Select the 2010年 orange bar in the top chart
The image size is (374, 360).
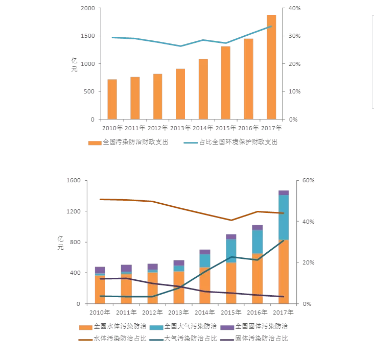point(112,99)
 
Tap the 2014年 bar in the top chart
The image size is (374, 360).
point(203,89)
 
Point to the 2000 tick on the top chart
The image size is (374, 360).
point(88,8)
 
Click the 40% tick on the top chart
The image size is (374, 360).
point(295,8)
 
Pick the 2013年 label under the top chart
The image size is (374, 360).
point(181,128)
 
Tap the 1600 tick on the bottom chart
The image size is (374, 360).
point(74,181)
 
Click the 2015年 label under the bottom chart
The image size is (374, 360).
point(231,312)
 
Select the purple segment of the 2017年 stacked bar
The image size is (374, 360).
point(284,193)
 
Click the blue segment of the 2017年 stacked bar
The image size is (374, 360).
point(284,217)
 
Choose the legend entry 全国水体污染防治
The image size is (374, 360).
point(118,326)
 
